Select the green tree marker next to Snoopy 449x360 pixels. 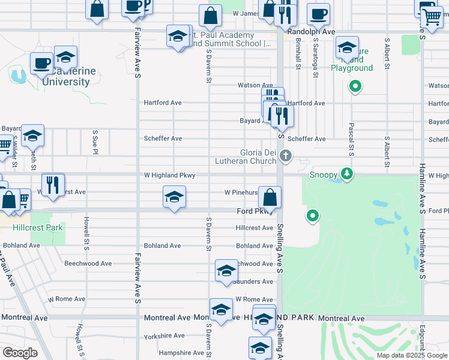346,174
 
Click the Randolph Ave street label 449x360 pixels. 310,31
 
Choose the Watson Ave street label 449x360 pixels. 255,85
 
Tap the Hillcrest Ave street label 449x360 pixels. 255,228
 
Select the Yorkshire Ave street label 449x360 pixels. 164,336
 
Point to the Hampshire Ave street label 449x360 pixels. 178,353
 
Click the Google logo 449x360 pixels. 20,353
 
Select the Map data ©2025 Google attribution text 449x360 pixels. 411,355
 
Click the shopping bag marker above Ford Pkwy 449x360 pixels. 270,196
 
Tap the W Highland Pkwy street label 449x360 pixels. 169,175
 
